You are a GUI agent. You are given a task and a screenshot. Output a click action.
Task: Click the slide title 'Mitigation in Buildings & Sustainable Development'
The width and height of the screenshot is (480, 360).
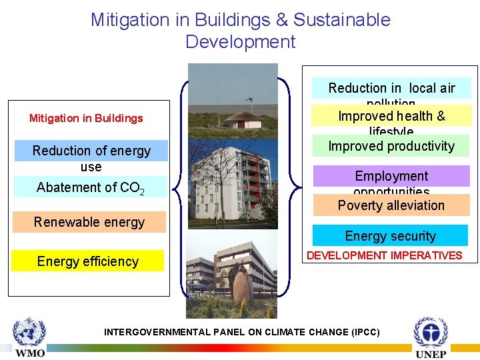pyautogui.click(x=240, y=31)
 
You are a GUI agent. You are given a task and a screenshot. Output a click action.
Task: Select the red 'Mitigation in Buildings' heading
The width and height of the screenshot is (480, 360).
pyautogui.click(x=86, y=119)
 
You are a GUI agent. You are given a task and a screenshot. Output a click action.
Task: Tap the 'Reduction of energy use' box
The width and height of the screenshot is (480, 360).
pyautogui.click(x=91, y=159)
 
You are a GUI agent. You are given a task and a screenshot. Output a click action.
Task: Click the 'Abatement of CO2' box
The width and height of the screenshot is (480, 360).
pyautogui.click(x=91, y=187)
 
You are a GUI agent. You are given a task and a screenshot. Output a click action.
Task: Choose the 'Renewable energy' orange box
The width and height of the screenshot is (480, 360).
pyautogui.click(x=89, y=222)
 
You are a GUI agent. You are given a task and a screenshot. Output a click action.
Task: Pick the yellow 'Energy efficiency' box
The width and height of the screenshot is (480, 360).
pyautogui.click(x=87, y=261)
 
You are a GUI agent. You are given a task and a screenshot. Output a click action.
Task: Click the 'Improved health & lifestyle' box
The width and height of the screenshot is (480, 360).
pyautogui.click(x=391, y=117)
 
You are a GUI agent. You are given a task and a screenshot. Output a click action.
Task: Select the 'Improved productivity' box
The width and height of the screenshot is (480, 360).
pyautogui.click(x=391, y=146)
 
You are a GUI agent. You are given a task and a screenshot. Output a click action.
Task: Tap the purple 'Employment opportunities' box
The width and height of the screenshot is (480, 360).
pyautogui.click(x=391, y=177)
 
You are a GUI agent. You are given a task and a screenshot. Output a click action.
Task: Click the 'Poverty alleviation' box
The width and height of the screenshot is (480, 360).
pyautogui.click(x=391, y=205)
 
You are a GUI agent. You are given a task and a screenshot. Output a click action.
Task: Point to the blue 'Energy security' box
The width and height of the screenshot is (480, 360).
pyautogui.click(x=390, y=236)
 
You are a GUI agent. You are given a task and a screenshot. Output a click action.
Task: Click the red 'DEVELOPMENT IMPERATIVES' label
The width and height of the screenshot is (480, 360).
pyautogui.click(x=384, y=255)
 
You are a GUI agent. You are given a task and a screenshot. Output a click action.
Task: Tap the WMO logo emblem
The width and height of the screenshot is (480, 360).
pyautogui.click(x=29, y=331)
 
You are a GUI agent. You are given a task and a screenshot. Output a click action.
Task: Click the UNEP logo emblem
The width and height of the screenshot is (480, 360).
pyautogui.click(x=431, y=332)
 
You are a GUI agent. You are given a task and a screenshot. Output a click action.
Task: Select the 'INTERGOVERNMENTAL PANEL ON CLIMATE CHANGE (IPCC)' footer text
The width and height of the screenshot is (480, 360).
pyautogui.click(x=242, y=332)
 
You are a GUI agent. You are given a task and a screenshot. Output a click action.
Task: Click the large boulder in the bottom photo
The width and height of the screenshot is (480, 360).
pyautogui.click(x=243, y=287)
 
